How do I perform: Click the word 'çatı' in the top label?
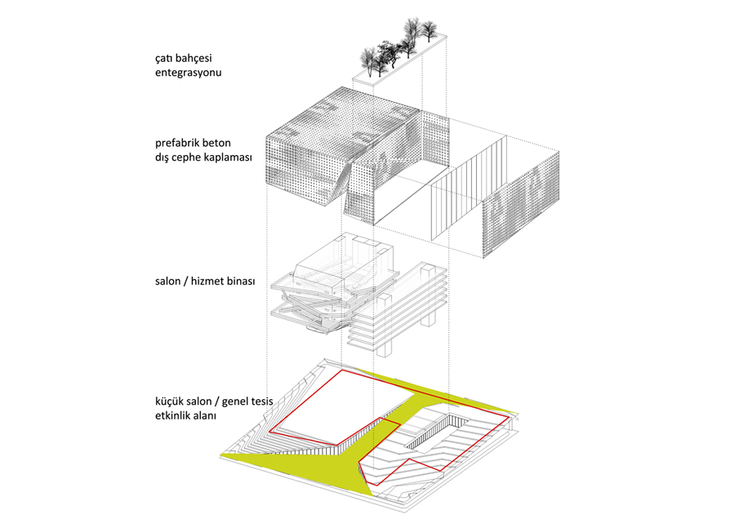point(164,59)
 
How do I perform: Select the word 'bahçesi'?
point(194,59)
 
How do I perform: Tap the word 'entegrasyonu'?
point(189,73)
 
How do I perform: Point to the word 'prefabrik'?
point(176,143)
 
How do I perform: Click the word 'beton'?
point(216,143)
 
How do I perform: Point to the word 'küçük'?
point(169,401)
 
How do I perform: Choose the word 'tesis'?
point(262,401)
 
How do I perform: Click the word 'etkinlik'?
point(174,416)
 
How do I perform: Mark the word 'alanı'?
point(206,416)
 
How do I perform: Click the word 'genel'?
point(235,402)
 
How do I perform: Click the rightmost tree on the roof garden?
point(428,29)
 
